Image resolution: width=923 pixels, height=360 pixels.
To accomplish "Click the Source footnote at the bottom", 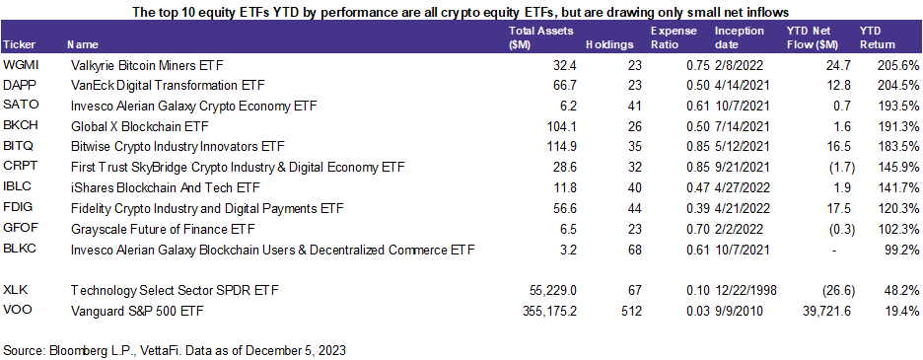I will click(175, 349).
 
